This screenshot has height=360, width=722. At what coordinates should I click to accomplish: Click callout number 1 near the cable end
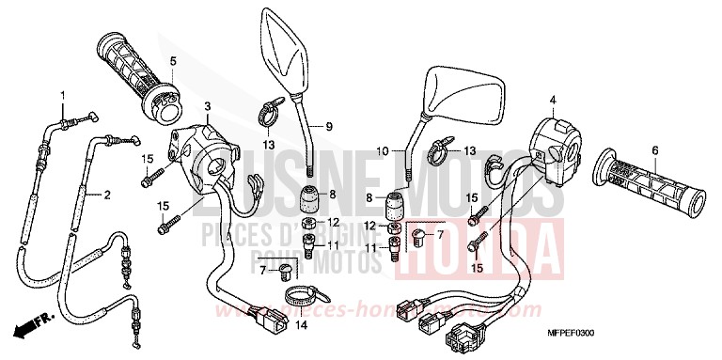pyautogui.click(x=63, y=96)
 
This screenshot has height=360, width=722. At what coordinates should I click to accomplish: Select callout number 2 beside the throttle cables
pyautogui.click(x=107, y=196)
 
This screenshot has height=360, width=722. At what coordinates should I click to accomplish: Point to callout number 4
pyautogui.click(x=553, y=100)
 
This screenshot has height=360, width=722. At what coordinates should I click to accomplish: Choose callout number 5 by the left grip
pyautogui.click(x=173, y=62)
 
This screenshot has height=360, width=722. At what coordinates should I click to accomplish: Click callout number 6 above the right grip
pyautogui.click(x=654, y=149)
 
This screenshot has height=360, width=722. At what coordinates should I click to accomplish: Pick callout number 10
pyautogui.click(x=382, y=150)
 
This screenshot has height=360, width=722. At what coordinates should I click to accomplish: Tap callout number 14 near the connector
pyautogui.click(x=302, y=325)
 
